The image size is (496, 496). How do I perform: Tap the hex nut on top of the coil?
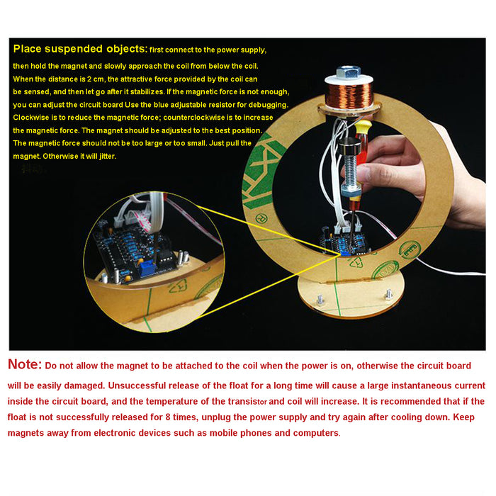tap(349, 72)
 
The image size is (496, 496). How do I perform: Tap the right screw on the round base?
tap(388, 295)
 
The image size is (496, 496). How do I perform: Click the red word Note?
tap(25, 364)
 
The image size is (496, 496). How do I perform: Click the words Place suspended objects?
tap(80, 49)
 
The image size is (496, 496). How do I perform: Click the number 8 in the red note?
tap(168, 417)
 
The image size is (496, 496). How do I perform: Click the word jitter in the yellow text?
tap(108, 157)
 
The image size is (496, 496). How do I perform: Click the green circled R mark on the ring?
tap(261, 219)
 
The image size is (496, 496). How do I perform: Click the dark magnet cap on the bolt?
tap(349, 146)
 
